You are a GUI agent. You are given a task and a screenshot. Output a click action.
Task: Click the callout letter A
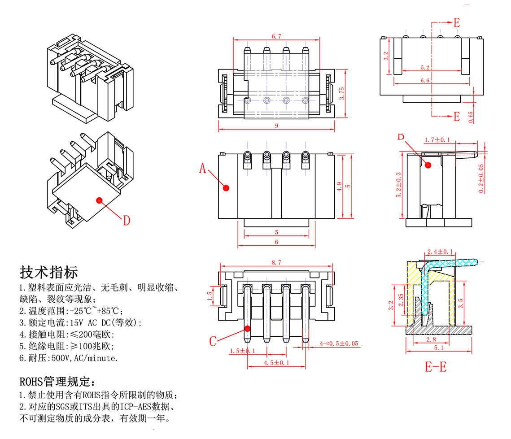(203, 169)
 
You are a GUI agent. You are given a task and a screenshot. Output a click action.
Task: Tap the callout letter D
(127, 221)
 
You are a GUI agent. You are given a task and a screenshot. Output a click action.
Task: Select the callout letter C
(213, 341)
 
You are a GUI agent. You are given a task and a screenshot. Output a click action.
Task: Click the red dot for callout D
(99, 200)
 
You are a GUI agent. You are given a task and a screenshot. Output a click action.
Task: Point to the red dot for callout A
(226, 188)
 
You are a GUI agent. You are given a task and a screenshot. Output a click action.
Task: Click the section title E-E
(436, 367)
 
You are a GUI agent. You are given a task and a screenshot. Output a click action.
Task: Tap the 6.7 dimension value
(276, 36)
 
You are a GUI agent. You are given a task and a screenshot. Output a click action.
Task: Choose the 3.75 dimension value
(342, 93)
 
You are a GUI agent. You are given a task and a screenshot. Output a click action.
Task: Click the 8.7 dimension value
(276, 263)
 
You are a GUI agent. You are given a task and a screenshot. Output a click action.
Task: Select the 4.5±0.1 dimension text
(276, 363)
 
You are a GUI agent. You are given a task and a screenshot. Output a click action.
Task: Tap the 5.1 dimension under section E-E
(439, 347)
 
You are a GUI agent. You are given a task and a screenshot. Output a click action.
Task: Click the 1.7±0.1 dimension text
(437, 140)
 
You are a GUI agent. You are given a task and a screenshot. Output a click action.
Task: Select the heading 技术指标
(49, 272)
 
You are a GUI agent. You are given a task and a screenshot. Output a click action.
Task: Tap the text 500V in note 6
(60, 358)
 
